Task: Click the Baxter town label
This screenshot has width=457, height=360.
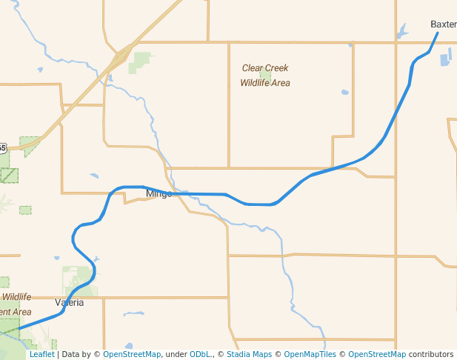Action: coord(443,24)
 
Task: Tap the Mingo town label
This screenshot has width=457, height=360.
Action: coord(159,193)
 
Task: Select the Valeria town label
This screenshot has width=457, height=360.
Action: coord(69,302)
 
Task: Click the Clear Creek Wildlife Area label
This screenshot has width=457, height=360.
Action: coord(264,75)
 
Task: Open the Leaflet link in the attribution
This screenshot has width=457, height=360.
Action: coord(41,354)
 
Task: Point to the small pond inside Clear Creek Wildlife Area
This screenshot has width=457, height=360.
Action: coord(264,75)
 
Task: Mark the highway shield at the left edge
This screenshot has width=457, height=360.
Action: coord(2,148)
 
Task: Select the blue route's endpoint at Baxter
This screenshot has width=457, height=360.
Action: coord(437,33)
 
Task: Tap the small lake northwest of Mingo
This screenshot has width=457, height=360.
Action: coord(94,176)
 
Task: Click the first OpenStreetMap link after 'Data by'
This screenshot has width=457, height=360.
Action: coord(132,354)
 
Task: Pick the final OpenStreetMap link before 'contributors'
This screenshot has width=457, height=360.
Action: coord(376,354)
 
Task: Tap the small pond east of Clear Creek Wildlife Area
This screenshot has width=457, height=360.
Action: coord(344,93)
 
